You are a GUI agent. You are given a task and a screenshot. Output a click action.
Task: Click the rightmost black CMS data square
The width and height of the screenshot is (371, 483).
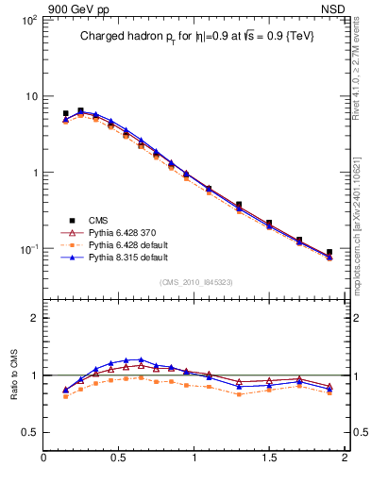[329, 253]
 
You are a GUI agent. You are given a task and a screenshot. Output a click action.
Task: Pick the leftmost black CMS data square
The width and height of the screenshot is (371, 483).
[65, 113]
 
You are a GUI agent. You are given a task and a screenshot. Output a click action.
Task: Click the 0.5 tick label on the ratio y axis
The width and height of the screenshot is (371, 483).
[29, 432]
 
